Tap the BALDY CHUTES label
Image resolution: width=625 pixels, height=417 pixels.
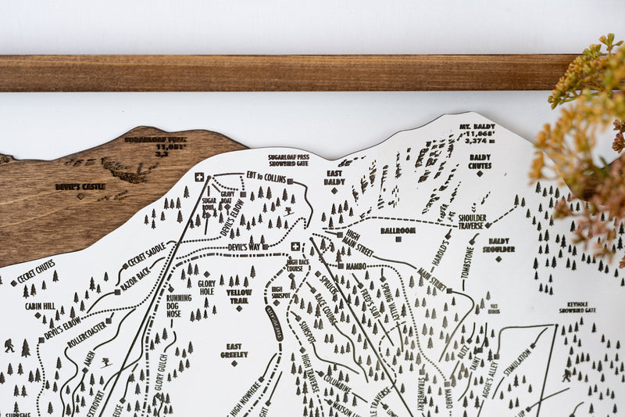click(480, 161)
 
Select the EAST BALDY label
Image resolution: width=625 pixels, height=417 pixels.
click(334, 178)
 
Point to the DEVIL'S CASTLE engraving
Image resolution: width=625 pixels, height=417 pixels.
click(80, 187)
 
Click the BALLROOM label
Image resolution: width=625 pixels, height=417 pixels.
click(398, 231)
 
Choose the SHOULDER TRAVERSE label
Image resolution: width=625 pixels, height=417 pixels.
click(472, 222)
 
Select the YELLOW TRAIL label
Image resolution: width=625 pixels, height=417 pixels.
click(239, 296)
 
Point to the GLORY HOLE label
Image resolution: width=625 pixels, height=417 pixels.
click(206, 287)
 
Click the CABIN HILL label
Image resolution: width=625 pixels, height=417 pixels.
click(40, 306)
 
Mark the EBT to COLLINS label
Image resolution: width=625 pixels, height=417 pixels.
click(266, 177)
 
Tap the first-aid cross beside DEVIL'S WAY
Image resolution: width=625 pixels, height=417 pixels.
click(295, 246)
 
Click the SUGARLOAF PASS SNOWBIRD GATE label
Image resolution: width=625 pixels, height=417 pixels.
click(288, 160)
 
